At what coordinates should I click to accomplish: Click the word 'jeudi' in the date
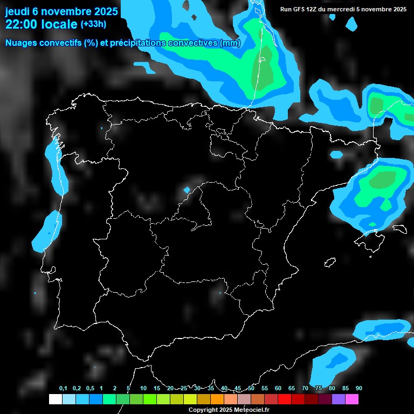17,10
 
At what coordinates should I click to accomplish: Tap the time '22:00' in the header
21,24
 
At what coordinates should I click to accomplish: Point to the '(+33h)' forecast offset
93,24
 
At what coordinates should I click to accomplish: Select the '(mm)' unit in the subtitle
230,43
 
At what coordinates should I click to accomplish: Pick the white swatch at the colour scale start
55,399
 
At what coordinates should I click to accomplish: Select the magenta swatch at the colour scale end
352,399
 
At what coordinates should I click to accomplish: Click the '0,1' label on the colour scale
63,389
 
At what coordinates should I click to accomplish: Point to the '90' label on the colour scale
359,389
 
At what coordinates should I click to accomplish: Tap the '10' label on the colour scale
143,389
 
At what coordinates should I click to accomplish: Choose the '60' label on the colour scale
278,389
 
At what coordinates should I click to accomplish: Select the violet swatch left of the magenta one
339,399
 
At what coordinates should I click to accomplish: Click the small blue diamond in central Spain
187,190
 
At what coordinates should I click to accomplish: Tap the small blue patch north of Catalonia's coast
336,154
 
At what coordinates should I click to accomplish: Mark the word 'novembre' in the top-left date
65,10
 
